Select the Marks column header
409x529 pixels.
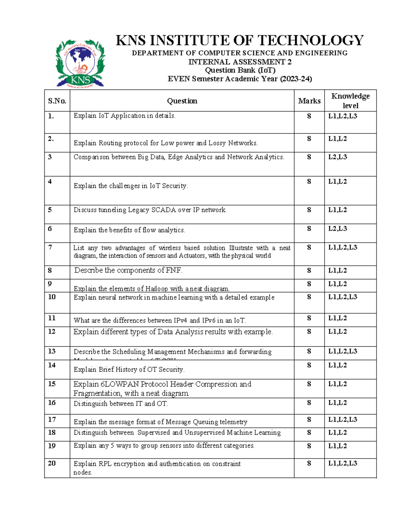tap(309, 101)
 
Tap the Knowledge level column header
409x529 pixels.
tap(350, 101)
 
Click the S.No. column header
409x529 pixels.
tap(57, 101)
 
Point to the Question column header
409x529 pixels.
tap(182, 101)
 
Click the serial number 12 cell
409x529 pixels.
tap(52, 331)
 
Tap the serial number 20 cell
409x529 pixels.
tap(52, 463)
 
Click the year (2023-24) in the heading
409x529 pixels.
tap(296, 79)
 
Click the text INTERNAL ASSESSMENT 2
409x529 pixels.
tap(240, 62)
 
